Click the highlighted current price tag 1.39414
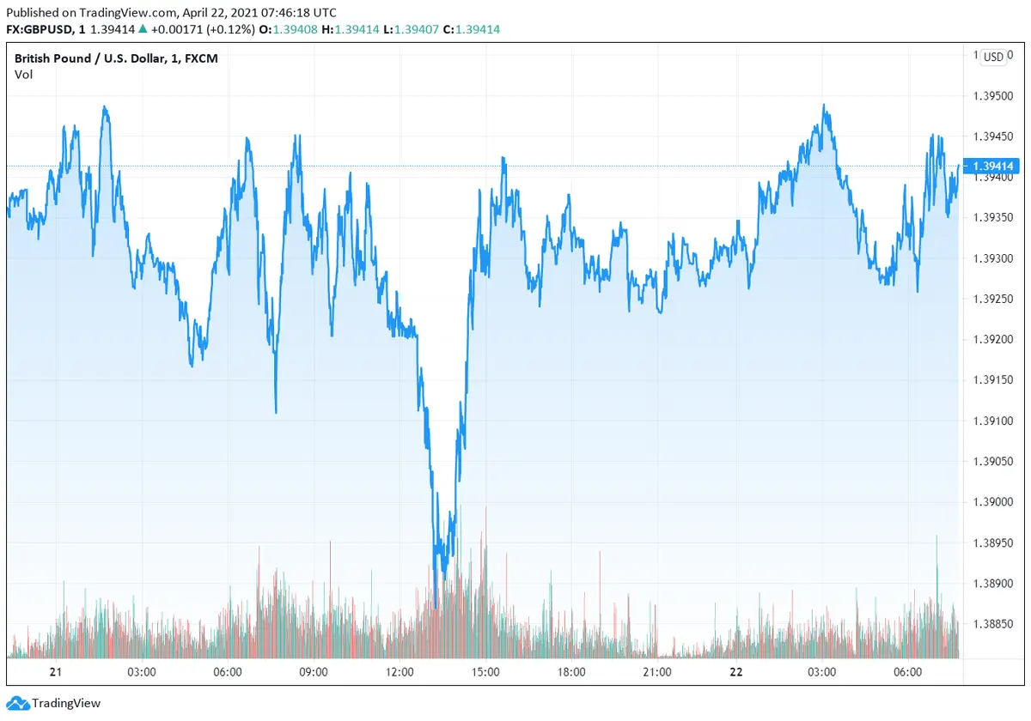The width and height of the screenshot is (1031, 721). coord(992,166)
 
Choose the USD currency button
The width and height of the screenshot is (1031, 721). coord(993,58)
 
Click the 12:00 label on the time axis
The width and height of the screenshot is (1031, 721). coord(400,672)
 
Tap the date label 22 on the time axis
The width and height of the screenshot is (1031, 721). coord(736,672)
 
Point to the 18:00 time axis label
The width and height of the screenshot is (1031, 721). coord(571,672)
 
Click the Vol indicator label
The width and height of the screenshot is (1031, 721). coord(23,75)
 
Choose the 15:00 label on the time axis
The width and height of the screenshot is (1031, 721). coord(485,672)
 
